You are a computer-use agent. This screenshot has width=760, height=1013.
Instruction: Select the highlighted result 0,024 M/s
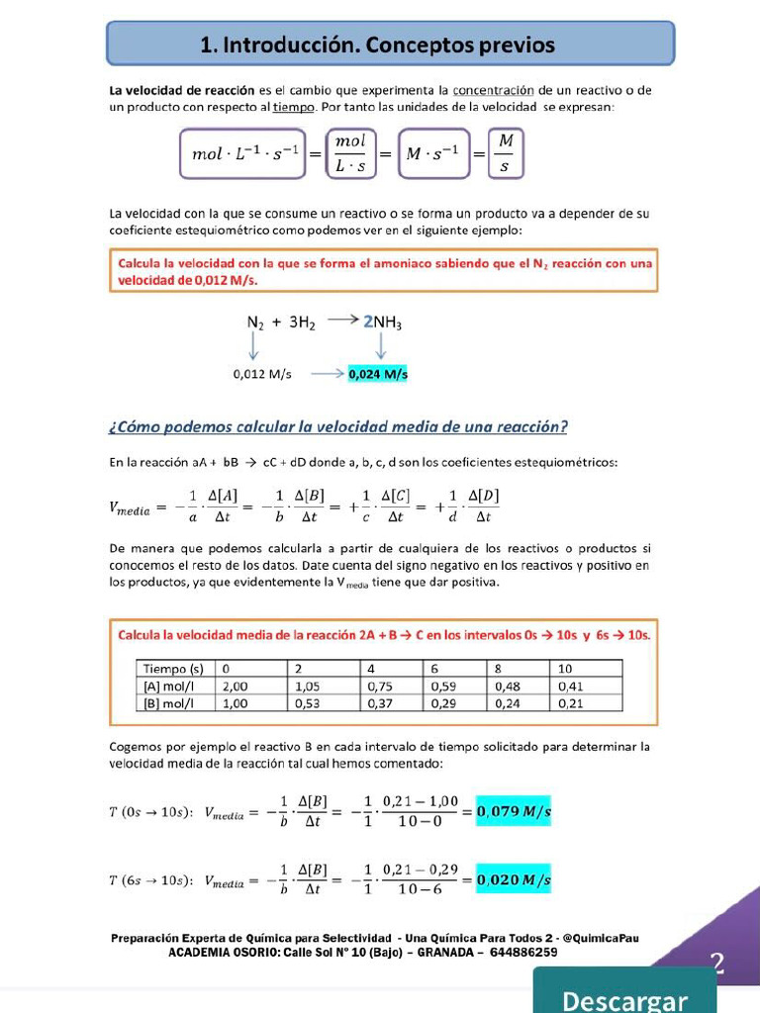tap(378, 375)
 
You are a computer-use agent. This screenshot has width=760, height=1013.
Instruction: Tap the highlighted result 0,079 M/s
tap(514, 812)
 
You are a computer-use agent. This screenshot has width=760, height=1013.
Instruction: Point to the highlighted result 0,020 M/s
tap(514, 878)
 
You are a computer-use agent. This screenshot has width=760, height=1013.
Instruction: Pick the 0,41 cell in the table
tap(571, 686)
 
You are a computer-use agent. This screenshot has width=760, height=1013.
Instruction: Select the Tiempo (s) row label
tap(174, 669)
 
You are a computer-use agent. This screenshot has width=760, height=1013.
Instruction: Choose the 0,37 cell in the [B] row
tap(380, 703)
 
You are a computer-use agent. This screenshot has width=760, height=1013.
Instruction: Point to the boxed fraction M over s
tap(505, 153)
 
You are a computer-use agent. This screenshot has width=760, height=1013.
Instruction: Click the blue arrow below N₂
tap(254, 345)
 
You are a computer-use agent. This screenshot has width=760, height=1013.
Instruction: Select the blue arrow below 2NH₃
tap(381, 345)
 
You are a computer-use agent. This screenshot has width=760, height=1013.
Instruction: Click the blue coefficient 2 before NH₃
tap(368, 322)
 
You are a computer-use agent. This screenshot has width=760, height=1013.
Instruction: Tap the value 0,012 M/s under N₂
tap(262, 375)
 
